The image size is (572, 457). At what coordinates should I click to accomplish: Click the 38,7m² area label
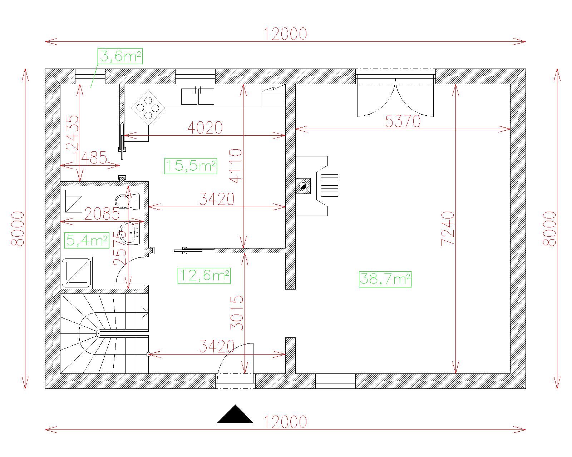click(385, 279)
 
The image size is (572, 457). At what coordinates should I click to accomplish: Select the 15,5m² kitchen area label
click(191, 166)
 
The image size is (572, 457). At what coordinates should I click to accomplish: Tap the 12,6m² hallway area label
click(204, 276)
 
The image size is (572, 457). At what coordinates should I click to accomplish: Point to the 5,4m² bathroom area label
click(87, 241)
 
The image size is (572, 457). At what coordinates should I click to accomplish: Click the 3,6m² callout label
click(120, 56)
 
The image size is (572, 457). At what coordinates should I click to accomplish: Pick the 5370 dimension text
click(403, 121)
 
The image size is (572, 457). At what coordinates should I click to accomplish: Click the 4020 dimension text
click(205, 128)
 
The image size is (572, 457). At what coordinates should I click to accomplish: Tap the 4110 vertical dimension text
click(236, 166)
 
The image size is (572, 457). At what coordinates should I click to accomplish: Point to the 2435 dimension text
click(72, 133)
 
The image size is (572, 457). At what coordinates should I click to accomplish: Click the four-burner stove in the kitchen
click(148, 108)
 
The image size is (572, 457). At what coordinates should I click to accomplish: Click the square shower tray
click(77, 273)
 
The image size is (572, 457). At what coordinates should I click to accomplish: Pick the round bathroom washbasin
click(130, 233)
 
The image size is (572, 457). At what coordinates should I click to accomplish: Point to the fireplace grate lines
click(330, 185)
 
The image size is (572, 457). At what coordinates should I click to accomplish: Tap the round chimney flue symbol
click(303, 186)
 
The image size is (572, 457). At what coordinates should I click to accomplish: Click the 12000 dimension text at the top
click(285, 34)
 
